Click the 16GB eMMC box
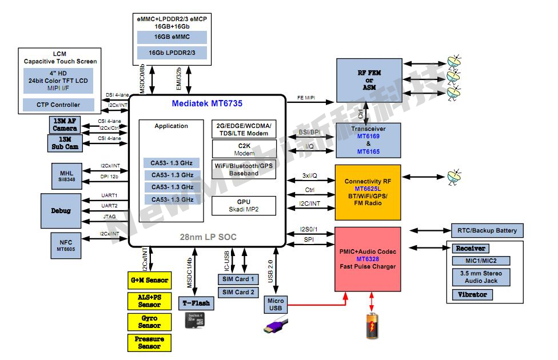(x=172, y=37)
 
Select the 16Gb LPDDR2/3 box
(x=172, y=53)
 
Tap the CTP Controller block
(x=58, y=105)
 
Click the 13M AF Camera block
(x=65, y=125)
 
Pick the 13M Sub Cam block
(x=65, y=143)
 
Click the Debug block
(x=61, y=210)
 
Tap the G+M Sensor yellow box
(x=149, y=280)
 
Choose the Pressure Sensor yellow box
(x=149, y=342)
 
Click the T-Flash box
(x=195, y=303)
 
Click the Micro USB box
(x=275, y=305)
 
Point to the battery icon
(x=372, y=326)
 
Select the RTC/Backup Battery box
(x=487, y=230)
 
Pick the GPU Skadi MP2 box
(x=244, y=206)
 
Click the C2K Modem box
(x=244, y=149)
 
